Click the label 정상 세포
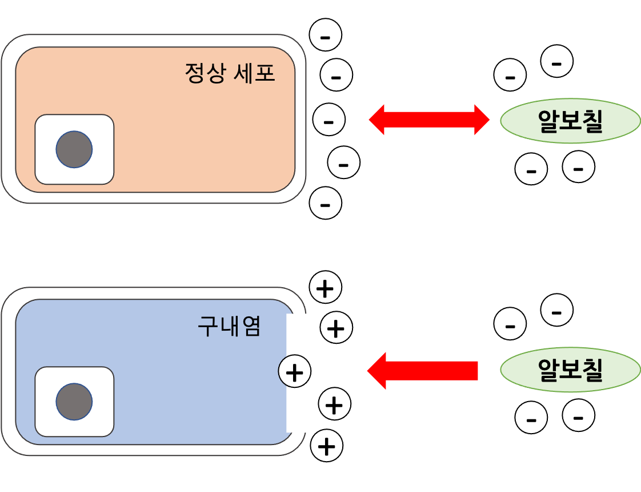(x=230, y=73)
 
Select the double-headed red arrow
(x=429, y=120)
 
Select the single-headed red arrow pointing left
(x=423, y=371)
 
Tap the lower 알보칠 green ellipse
(x=570, y=370)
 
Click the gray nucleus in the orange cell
(x=74, y=149)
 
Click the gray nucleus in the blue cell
(x=74, y=402)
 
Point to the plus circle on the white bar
(x=294, y=373)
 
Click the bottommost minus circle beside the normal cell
(x=326, y=203)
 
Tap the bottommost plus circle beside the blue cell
(x=326, y=445)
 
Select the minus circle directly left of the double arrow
(x=329, y=120)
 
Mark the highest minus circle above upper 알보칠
(x=557, y=61)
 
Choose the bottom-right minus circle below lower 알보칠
(x=578, y=416)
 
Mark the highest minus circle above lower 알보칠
(x=557, y=310)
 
